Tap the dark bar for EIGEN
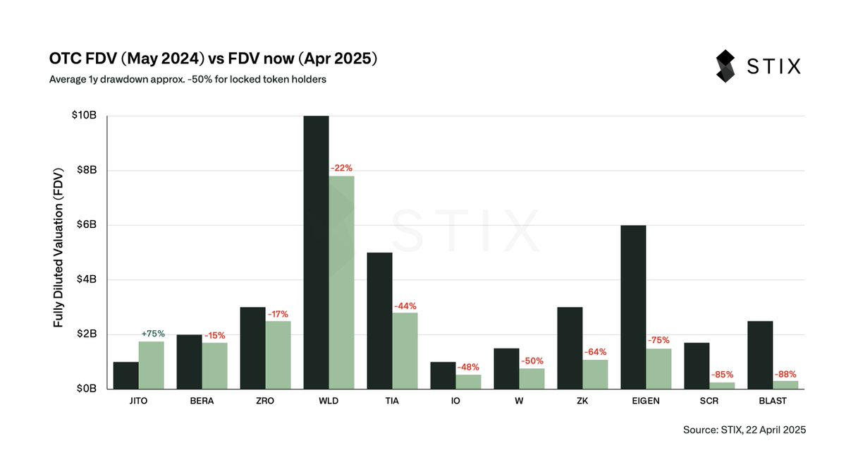[x=633, y=307]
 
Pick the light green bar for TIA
[x=405, y=351]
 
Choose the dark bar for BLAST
[x=760, y=355]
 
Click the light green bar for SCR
[x=722, y=385]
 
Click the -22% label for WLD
[x=341, y=168]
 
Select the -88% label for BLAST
[x=785, y=374]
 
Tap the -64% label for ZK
[x=595, y=352]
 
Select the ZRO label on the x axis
[x=265, y=401]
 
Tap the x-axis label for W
[x=519, y=401]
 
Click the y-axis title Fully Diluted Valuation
[x=59, y=252]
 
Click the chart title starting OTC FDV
[x=213, y=59]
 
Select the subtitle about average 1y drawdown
[x=188, y=79]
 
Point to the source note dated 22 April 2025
[x=744, y=429]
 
